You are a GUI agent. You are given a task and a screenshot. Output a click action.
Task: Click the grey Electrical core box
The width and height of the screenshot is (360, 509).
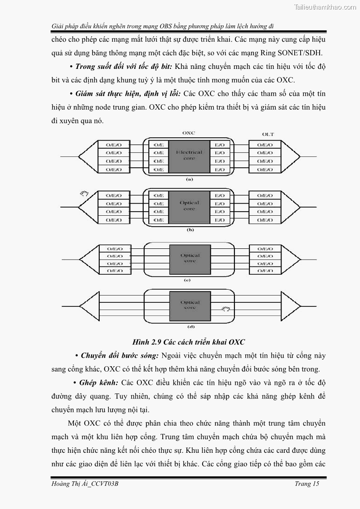click(189, 156)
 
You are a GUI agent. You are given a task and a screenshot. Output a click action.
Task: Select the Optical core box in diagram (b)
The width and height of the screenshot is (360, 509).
click(189, 206)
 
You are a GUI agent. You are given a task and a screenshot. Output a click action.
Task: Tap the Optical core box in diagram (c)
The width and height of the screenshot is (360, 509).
click(190, 258)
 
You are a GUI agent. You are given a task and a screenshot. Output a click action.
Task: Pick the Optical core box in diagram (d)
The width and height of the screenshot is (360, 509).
click(190, 305)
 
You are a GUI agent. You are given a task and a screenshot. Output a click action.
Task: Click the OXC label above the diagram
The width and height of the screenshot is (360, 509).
click(189, 133)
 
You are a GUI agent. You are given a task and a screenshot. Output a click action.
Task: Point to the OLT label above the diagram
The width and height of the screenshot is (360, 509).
click(268, 134)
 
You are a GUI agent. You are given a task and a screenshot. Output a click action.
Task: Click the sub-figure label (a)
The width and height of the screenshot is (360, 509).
click(190, 179)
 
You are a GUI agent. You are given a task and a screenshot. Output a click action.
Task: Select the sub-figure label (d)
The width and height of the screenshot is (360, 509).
click(190, 326)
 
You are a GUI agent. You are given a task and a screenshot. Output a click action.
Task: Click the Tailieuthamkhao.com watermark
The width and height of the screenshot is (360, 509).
click(325, 7)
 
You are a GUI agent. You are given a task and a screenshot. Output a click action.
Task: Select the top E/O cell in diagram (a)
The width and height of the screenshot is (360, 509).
click(219, 145)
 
